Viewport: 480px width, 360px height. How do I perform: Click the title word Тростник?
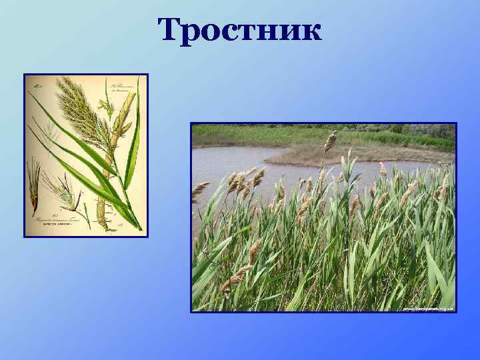click(x=240, y=30)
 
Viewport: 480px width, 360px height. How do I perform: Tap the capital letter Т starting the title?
click(x=169, y=30)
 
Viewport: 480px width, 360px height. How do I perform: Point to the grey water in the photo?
click(x=227, y=160)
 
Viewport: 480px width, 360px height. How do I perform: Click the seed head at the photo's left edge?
click(x=199, y=189)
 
